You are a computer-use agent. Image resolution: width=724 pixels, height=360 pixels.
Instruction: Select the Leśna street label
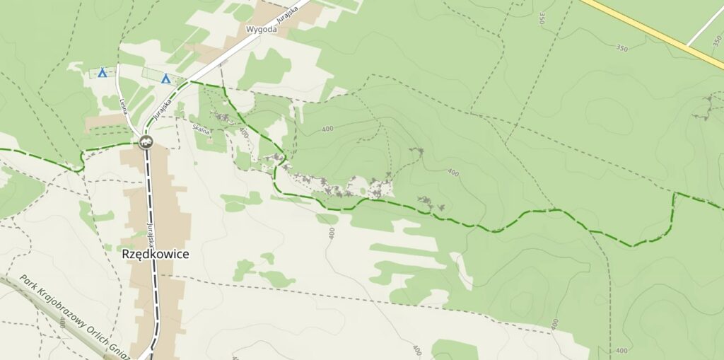pos(127,110)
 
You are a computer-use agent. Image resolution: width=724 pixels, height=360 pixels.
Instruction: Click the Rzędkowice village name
pos(155,253)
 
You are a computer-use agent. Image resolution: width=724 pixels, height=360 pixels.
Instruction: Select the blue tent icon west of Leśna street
pos(103,72)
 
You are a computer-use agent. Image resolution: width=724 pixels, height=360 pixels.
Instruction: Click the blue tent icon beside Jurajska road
pos(166,79)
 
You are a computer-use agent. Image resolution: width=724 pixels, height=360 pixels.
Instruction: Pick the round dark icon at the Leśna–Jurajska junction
pos(146,141)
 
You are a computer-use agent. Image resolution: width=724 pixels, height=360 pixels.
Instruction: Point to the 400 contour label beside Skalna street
pos(244,132)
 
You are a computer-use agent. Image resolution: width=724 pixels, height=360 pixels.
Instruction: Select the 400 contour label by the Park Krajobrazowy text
pos(62,323)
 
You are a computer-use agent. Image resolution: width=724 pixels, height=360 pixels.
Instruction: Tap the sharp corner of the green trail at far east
pos(675,193)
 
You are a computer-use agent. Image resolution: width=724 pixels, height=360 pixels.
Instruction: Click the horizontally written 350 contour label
pos(621,48)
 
